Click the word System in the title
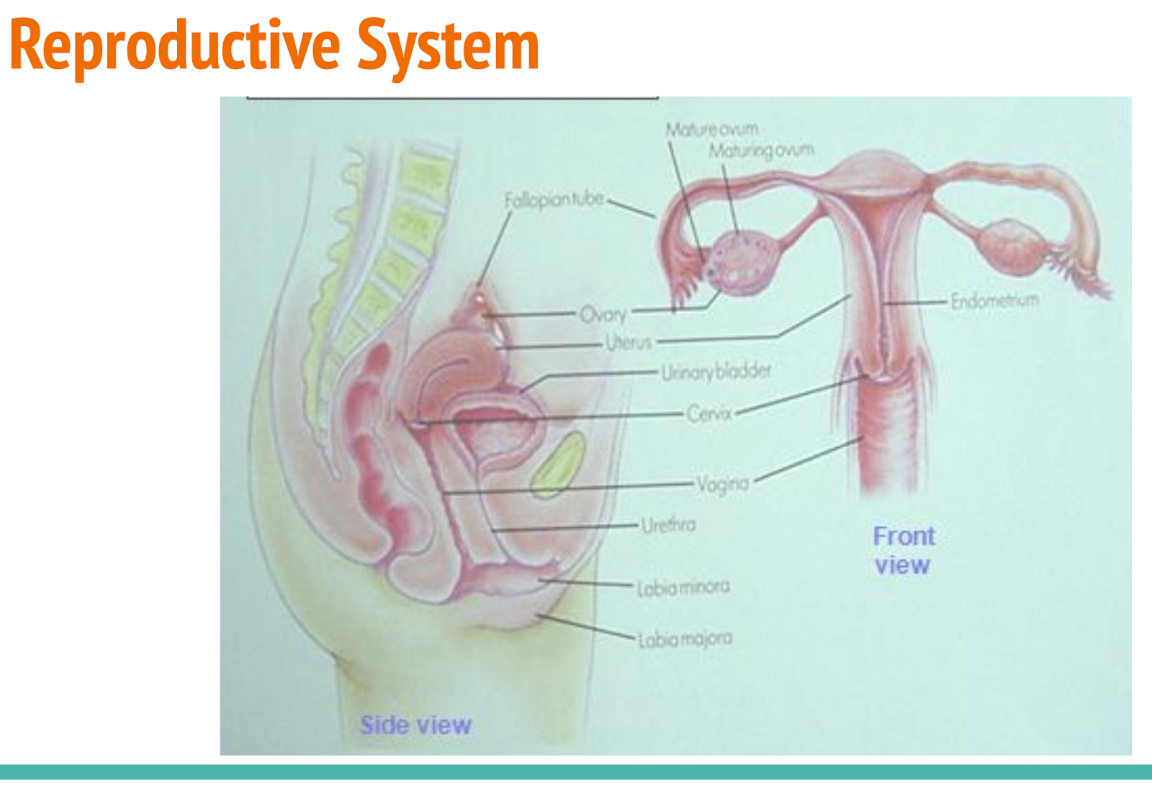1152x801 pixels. tap(448, 46)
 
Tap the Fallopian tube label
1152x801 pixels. tap(554, 200)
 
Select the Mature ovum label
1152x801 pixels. tap(711, 130)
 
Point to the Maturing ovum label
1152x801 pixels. tap(761, 151)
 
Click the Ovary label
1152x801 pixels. tap(603, 314)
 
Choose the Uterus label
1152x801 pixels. tap(629, 342)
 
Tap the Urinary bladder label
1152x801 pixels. tap(716, 372)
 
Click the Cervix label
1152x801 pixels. tap(709, 413)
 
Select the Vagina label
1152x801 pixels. tap(723, 483)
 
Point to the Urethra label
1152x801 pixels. tap(669, 524)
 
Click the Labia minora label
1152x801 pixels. tap(683, 588)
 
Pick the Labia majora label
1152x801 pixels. tap(685, 639)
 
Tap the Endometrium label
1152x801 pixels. tap(994, 300)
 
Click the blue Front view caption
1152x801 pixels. tap(903, 550)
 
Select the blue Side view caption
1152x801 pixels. tap(415, 725)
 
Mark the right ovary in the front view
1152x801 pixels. tap(1012, 245)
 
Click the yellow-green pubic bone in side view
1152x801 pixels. tap(558, 465)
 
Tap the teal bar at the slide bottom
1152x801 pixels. tap(576, 772)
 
